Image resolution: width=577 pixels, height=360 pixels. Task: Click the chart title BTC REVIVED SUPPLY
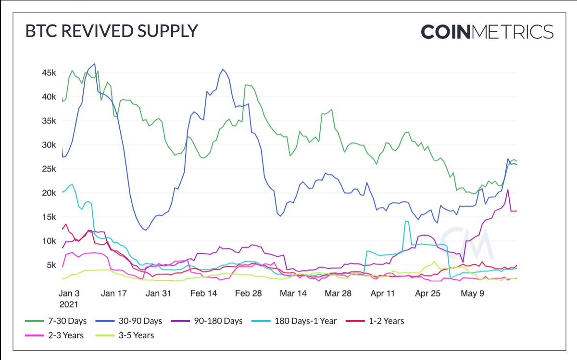coord(111,31)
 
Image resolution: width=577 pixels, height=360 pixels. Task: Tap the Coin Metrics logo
coord(487,32)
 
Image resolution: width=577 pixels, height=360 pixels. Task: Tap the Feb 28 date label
coord(249,294)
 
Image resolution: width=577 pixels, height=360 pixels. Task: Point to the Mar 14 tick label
coord(293,294)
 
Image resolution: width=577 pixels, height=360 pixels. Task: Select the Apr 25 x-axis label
coord(428,294)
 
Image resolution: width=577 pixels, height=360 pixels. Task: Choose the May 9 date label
coord(472,294)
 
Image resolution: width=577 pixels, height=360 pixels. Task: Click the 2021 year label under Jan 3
coord(68,304)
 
